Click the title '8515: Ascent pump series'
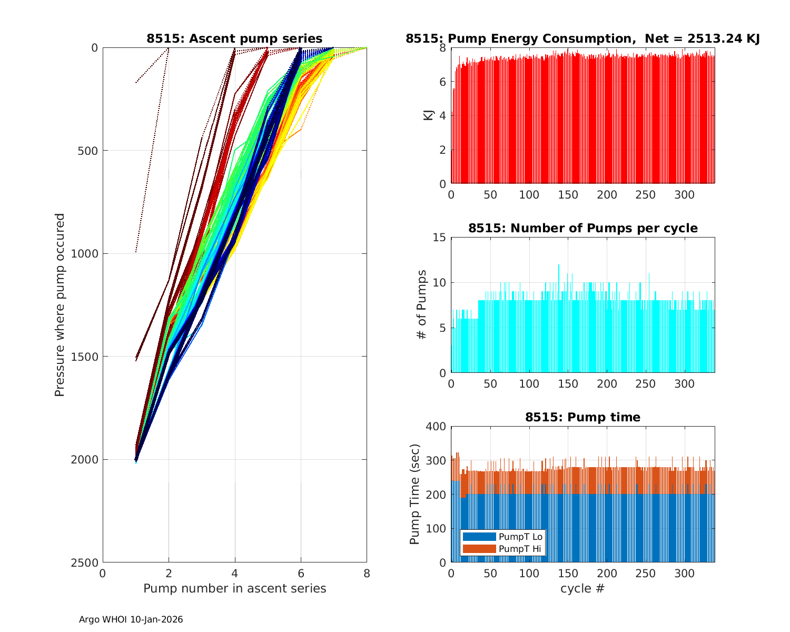[234, 38]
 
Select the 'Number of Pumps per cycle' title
[582, 228]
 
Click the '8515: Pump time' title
[582, 417]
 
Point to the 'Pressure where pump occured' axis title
[60, 304]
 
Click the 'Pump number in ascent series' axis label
[234, 588]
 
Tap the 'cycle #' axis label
[582, 588]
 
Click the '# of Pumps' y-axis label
[422, 304]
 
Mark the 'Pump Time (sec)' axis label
[415, 494]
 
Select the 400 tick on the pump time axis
[436, 427]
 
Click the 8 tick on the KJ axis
[442, 48]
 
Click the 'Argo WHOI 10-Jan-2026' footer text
[131, 620]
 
